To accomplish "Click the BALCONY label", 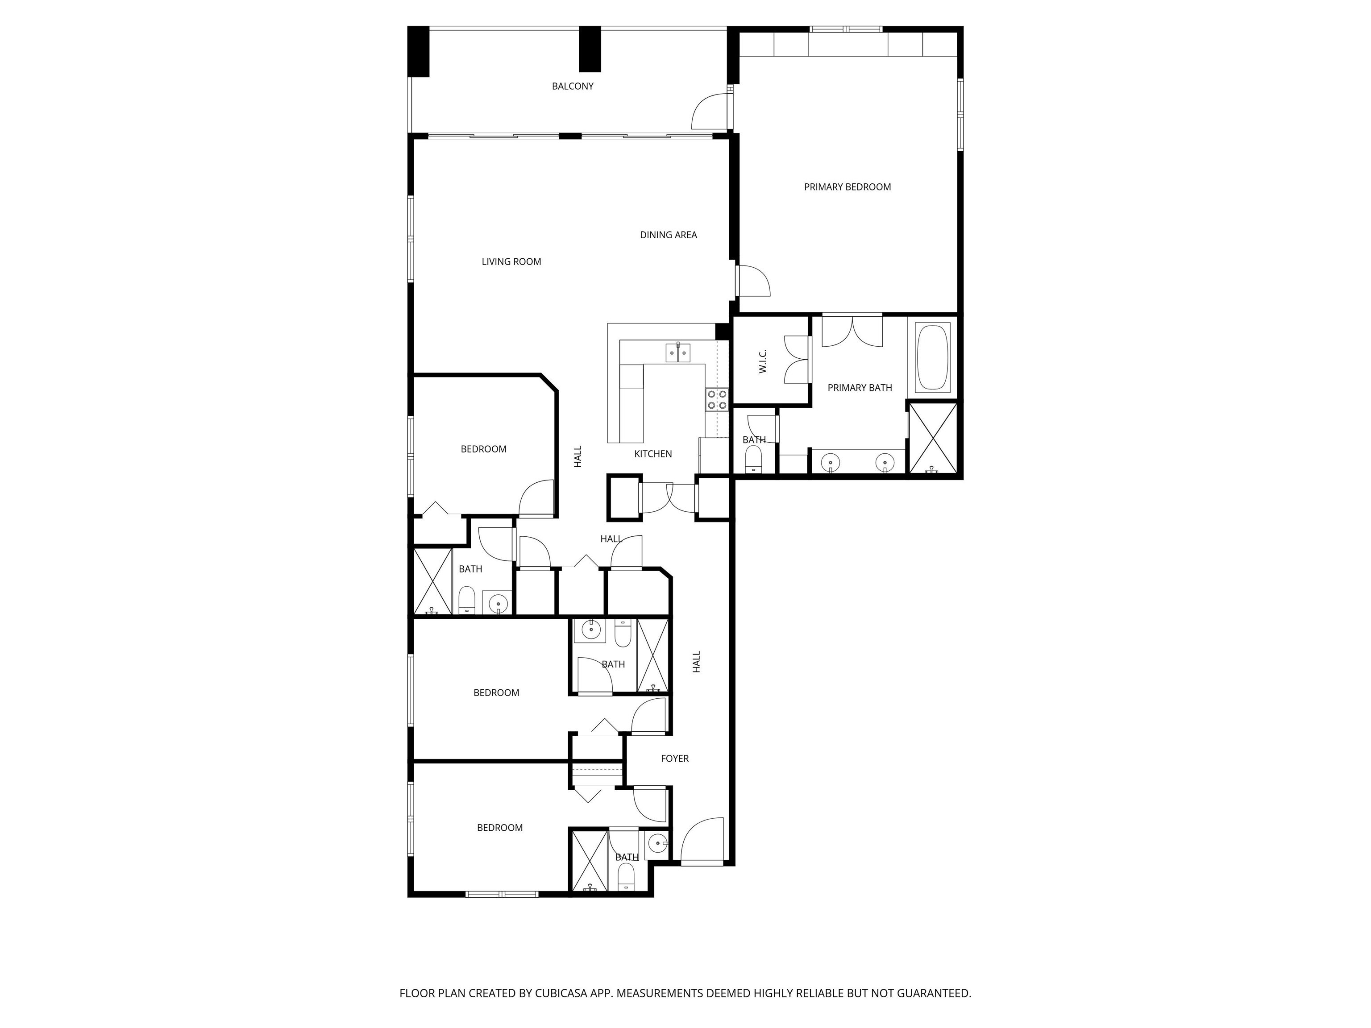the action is (573, 86).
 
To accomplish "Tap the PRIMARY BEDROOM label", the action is (847, 187).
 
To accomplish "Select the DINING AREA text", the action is (668, 235).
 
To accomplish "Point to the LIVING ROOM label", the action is (511, 261).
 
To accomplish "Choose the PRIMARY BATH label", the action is (860, 388).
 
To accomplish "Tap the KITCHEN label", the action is (652, 454).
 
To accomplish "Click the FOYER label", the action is (674, 759).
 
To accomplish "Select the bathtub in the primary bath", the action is (933, 357).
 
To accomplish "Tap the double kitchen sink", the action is (678, 352).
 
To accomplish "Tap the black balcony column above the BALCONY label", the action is (590, 49).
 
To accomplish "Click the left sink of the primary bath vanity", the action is (831, 462).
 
